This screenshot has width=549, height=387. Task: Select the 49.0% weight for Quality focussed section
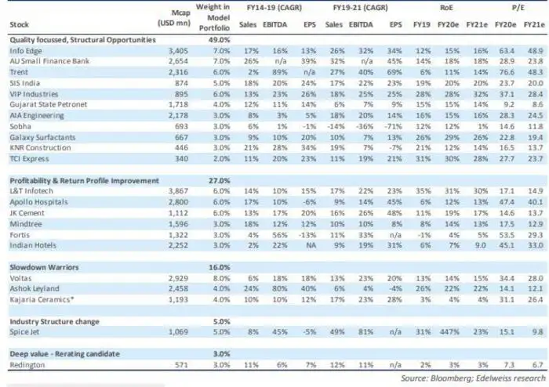216,38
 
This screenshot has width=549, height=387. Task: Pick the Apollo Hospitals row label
35,202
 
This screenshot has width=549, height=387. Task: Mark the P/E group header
518,6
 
